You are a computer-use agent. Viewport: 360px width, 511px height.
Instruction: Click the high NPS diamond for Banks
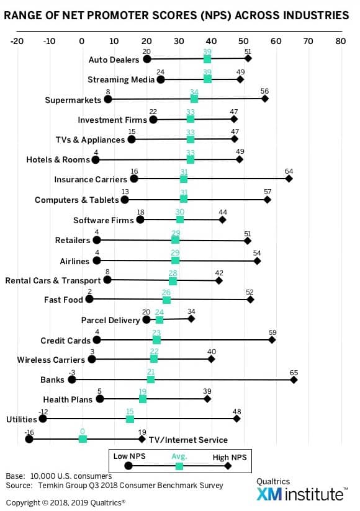(x=294, y=380)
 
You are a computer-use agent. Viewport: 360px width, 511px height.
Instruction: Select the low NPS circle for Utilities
(x=43, y=419)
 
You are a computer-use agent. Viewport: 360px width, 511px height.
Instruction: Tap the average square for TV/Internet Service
(x=83, y=439)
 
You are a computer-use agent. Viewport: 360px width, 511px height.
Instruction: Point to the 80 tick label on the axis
(x=340, y=41)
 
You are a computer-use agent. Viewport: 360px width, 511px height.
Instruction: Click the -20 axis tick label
(x=17, y=41)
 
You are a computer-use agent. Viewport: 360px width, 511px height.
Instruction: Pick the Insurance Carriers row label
(x=91, y=180)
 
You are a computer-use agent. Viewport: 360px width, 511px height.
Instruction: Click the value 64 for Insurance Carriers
(x=289, y=171)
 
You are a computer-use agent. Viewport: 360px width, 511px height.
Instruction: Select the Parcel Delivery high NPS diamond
(x=191, y=319)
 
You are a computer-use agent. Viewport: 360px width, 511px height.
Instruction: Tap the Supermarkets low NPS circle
(x=108, y=99)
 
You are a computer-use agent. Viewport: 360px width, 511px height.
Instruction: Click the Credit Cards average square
(x=156, y=340)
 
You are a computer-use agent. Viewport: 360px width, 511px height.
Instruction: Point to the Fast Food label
(x=63, y=300)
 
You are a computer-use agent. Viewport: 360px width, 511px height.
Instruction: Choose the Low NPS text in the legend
(x=130, y=456)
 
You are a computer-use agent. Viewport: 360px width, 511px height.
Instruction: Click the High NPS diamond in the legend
(x=228, y=466)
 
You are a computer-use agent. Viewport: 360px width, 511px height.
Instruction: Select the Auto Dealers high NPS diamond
(x=248, y=59)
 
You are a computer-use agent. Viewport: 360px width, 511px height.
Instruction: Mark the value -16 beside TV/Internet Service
(x=29, y=432)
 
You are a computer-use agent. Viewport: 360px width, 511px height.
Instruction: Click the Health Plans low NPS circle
(x=100, y=399)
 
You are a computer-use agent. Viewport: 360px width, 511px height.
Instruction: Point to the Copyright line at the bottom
(x=66, y=502)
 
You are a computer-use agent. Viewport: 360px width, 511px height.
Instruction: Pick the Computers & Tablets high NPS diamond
(x=268, y=200)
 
